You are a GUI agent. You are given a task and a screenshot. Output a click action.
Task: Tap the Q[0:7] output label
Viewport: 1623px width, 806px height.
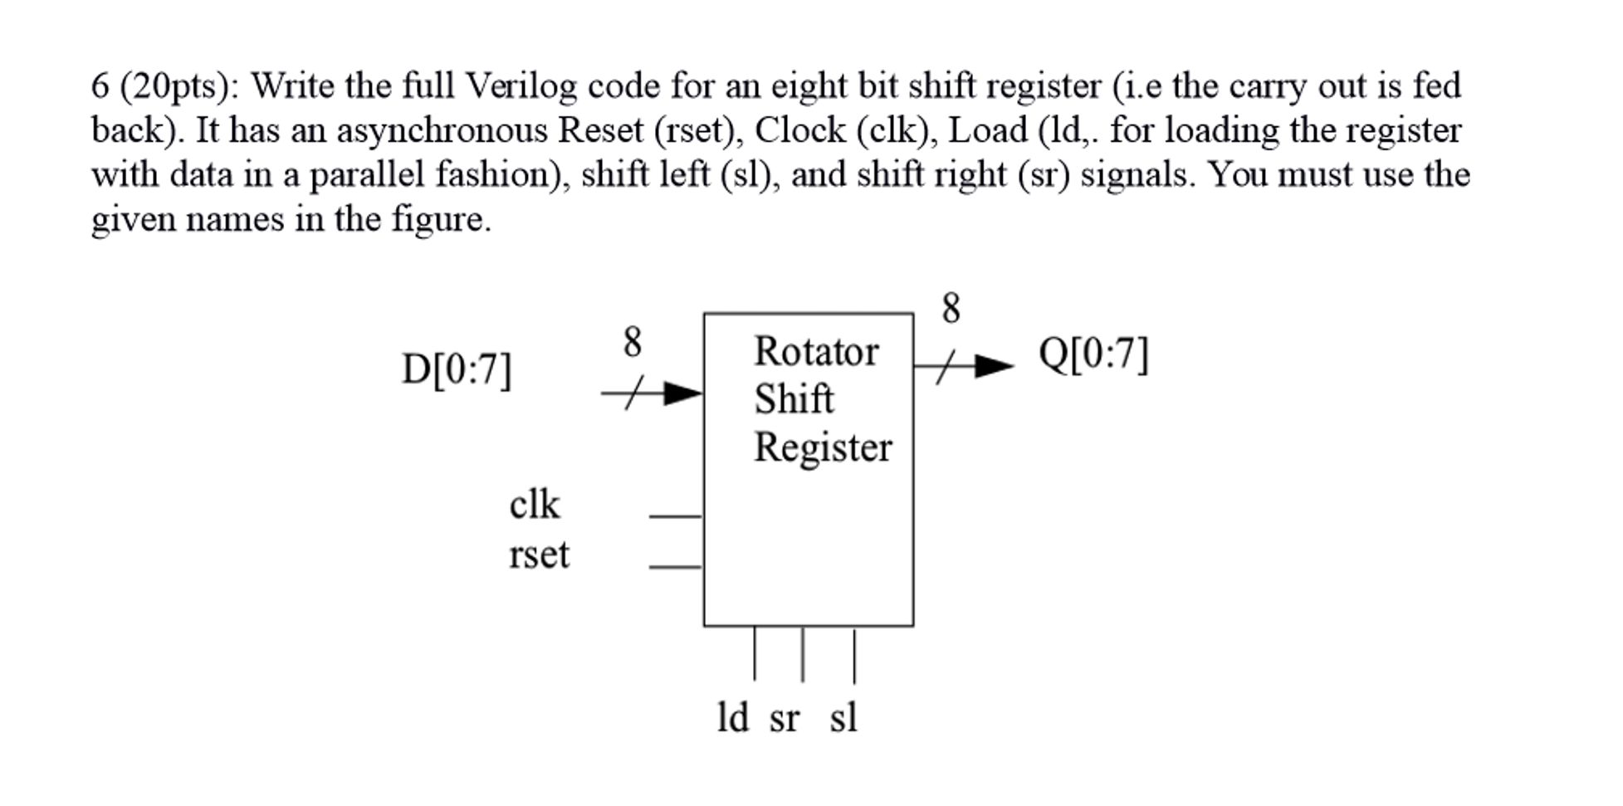[x=1093, y=354]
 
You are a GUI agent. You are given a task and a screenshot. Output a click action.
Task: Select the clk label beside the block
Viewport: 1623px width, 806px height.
[x=534, y=505]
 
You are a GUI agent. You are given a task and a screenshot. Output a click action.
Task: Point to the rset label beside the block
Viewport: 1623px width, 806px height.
[x=539, y=554]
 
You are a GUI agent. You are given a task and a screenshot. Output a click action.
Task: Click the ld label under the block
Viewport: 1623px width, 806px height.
[x=732, y=717]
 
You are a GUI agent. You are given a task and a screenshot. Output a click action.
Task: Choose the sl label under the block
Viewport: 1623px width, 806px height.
[x=843, y=717]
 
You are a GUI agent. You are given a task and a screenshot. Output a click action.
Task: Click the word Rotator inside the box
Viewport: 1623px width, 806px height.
[x=815, y=351]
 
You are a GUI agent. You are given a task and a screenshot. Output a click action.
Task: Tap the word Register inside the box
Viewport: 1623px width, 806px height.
[x=822, y=447]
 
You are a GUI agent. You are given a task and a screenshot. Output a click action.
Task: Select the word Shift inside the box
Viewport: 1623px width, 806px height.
[x=793, y=399]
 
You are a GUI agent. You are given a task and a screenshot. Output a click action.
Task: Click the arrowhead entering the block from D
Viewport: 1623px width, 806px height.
[x=682, y=393]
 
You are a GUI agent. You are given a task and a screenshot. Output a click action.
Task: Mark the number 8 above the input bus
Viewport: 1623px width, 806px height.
[x=632, y=342]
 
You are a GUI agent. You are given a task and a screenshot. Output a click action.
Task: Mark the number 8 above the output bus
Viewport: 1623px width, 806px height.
[x=951, y=309]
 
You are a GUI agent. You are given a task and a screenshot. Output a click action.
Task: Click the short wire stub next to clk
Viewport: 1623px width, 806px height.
[x=675, y=516]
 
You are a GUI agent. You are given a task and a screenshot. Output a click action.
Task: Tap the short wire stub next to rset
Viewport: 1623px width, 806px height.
[x=675, y=567]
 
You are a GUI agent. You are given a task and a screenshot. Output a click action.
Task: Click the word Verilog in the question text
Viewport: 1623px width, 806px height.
[x=521, y=85]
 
